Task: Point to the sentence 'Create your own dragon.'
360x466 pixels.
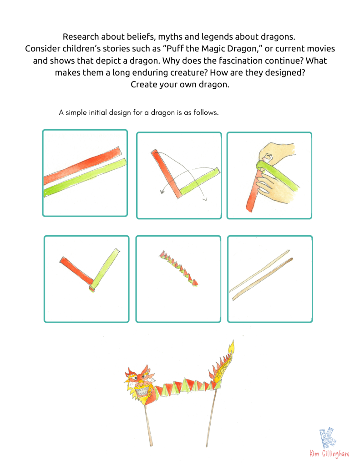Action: [180, 84]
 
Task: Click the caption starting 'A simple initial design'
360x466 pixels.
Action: [138, 113]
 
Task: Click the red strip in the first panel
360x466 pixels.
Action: [82, 166]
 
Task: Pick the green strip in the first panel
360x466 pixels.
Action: [85, 177]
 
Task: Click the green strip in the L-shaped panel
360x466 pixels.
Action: [199, 182]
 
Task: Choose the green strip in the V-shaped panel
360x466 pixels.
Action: [105, 269]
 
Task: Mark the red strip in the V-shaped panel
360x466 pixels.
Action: [77, 271]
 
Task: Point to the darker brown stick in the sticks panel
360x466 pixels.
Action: [263, 279]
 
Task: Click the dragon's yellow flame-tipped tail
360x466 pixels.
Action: [223, 363]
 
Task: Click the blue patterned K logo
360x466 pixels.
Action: [328, 437]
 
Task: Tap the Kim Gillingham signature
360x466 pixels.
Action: [330, 454]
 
